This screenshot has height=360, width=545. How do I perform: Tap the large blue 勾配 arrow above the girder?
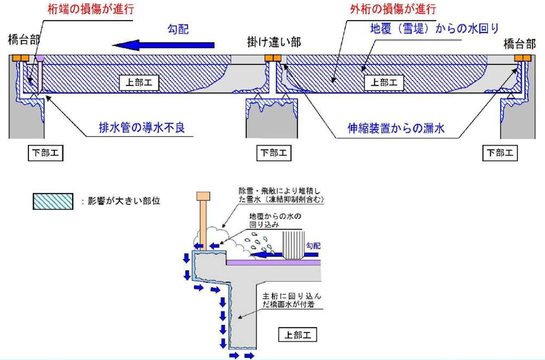pos(163,45)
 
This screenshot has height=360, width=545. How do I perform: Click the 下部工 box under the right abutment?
pos(500,153)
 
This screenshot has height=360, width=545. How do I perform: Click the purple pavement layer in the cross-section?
pos(272,262)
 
